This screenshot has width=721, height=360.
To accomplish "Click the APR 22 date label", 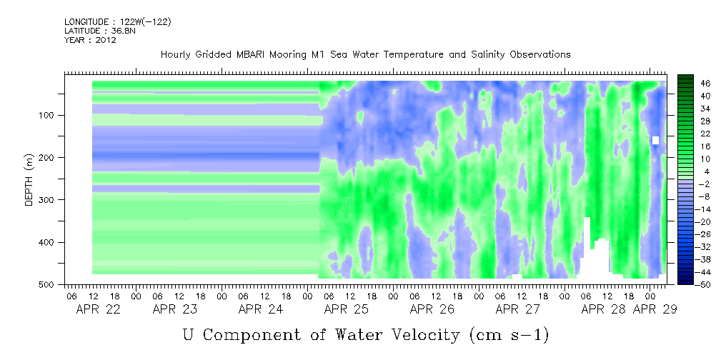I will pos(99,309).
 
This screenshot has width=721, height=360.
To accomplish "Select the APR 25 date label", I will pos(347,309).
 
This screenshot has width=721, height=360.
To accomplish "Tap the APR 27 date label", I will pos(518,309).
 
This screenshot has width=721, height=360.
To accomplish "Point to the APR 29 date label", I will pos(655,309).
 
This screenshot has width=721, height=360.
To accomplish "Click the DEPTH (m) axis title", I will pos(29,181).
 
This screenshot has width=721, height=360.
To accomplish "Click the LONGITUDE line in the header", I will pos(117,21).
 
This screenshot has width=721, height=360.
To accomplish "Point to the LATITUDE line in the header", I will pos(92,31).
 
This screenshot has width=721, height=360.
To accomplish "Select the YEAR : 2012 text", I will pos(90,40).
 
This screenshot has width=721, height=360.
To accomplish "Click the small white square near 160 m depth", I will pos(655,140).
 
